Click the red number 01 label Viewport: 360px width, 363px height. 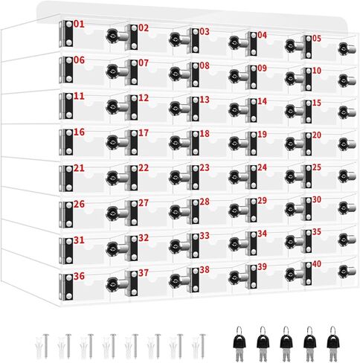coord(79,24)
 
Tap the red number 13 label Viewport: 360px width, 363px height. coord(205,100)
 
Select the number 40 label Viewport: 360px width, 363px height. coord(317,264)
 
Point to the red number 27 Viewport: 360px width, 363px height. coord(144,203)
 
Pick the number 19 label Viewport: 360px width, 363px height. coord(262,135)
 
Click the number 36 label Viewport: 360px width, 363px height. coord(79,276)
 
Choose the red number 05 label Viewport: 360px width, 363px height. coord(317,39)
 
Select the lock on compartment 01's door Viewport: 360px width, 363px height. coord(116,36)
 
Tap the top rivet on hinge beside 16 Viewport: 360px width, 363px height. coord(69,132)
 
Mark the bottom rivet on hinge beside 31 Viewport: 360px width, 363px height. coord(69,260)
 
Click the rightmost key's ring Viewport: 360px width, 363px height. coord(332,330)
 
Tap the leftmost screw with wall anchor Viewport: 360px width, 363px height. coord(43,346)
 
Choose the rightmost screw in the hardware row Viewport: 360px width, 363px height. coord(202,346)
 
